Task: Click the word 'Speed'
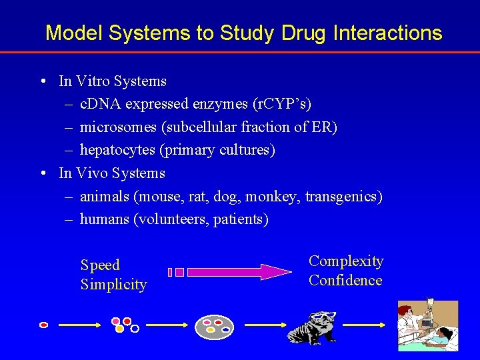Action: pos(100,265)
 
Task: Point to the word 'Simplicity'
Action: pos(113,285)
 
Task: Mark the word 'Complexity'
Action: pos(346,261)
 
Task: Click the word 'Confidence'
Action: pos(345,281)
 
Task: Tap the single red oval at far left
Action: pos(44,325)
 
